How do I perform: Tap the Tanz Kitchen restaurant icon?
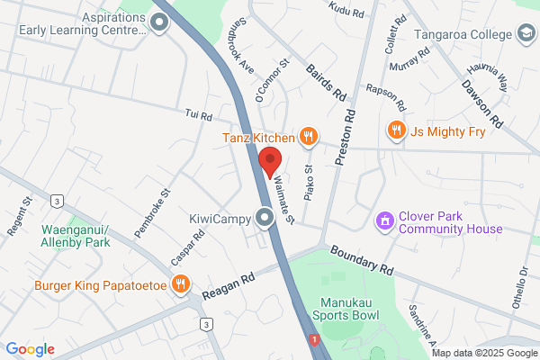(x=309, y=137)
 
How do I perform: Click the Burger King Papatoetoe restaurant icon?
(x=182, y=285)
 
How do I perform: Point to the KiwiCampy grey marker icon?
(x=264, y=218)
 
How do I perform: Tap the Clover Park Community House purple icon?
(x=384, y=220)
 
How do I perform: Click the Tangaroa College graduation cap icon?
(x=524, y=34)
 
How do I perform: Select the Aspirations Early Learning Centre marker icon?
(x=160, y=23)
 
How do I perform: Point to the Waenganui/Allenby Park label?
(x=76, y=236)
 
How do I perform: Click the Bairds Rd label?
(x=326, y=82)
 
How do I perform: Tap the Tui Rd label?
(x=198, y=115)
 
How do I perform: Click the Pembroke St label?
(x=152, y=212)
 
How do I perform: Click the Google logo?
(x=30, y=349)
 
